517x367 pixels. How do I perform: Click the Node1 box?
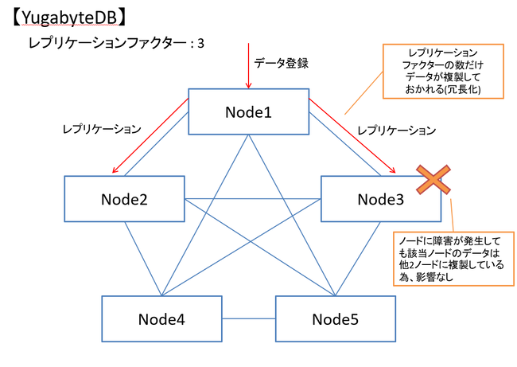tap(249, 111)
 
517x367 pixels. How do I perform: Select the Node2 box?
tap(124, 199)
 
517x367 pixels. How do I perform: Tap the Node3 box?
tap(381, 199)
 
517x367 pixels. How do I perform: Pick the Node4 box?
tap(161, 318)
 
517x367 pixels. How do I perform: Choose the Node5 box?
tap(336, 318)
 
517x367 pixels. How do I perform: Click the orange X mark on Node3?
tap(433, 180)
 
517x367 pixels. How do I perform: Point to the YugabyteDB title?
tap(69, 18)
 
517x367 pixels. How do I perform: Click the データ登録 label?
tap(281, 63)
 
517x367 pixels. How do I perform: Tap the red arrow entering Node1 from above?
tap(249, 65)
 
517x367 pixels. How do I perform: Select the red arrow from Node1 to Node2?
tap(150, 135)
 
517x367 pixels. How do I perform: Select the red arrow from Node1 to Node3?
tap(352, 135)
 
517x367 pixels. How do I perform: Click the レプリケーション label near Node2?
tap(102, 129)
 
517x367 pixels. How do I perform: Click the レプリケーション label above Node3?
tap(397, 131)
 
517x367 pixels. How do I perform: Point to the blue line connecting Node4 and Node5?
tap(249, 318)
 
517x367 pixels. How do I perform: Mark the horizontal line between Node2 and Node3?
tap(253, 199)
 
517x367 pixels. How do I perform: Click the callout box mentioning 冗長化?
tap(443, 72)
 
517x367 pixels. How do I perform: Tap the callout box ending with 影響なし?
tap(453, 259)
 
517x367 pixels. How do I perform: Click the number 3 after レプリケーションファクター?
tap(200, 44)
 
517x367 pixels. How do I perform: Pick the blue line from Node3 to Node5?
tap(358, 259)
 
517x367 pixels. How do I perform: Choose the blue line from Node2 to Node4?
tap(143, 259)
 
